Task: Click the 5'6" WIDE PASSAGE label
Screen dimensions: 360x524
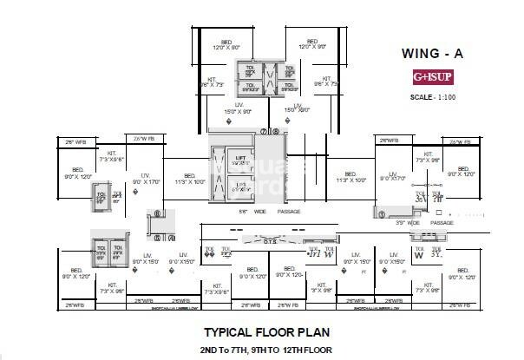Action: [x=270, y=211]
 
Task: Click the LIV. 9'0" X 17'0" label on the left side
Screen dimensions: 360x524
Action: [x=145, y=179]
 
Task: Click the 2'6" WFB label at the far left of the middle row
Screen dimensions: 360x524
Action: [x=76, y=141]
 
